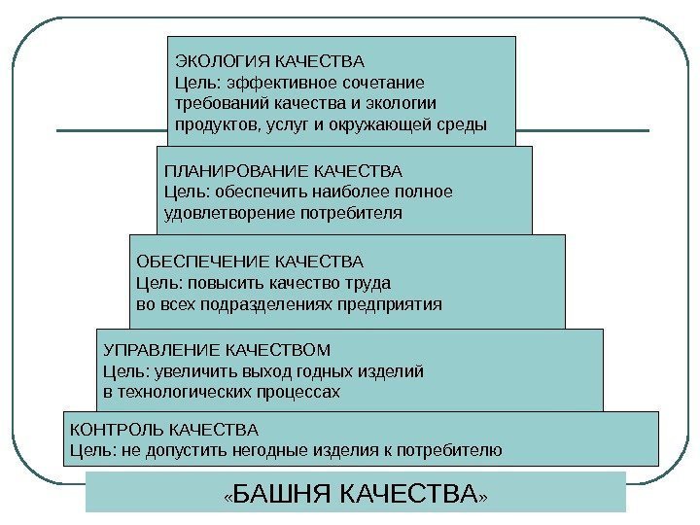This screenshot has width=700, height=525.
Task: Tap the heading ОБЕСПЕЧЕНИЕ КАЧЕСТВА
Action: pyautogui.click(x=248, y=262)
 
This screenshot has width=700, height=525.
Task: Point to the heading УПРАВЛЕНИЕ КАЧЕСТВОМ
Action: pyautogui.click(x=217, y=349)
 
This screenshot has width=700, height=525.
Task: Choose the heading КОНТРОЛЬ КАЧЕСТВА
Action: pyautogui.click(x=163, y=429)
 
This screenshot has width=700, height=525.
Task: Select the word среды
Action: pyautogui.click(x=461, y=124)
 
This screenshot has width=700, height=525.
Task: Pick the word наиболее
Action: pyautogui.click(x=354, y=191)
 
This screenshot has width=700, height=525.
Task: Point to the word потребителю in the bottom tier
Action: pyautogui.click(x=456, y=450)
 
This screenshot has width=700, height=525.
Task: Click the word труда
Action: pyautogui.click(x=370, y=284)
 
